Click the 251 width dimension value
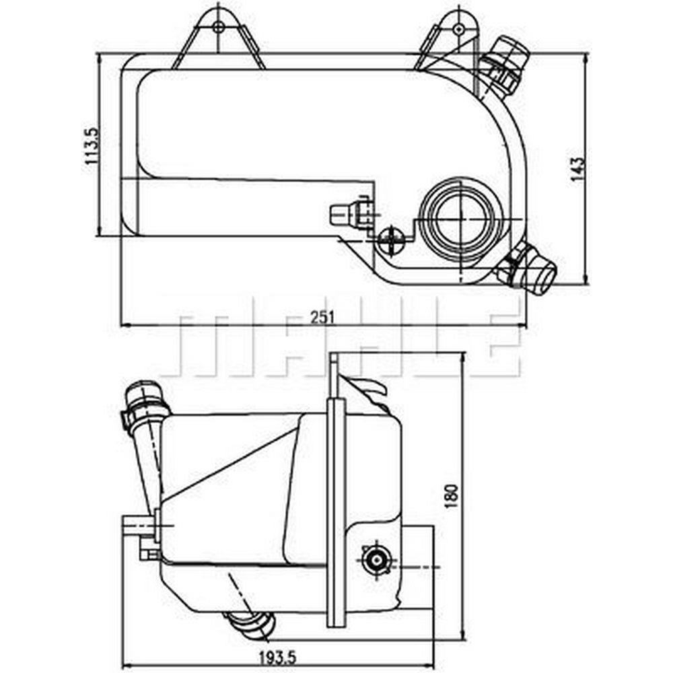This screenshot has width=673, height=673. (x=323, y=317)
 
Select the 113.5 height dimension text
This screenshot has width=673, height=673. (x=92, y=146)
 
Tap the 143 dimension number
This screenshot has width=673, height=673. (x=577, y=169)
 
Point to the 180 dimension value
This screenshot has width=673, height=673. (x=452, y=496)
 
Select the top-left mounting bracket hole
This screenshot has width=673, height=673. (x=219, y=28)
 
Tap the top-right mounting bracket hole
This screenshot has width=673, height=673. (x=459, y=29)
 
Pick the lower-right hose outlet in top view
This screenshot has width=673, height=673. (x=528, y=270)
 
